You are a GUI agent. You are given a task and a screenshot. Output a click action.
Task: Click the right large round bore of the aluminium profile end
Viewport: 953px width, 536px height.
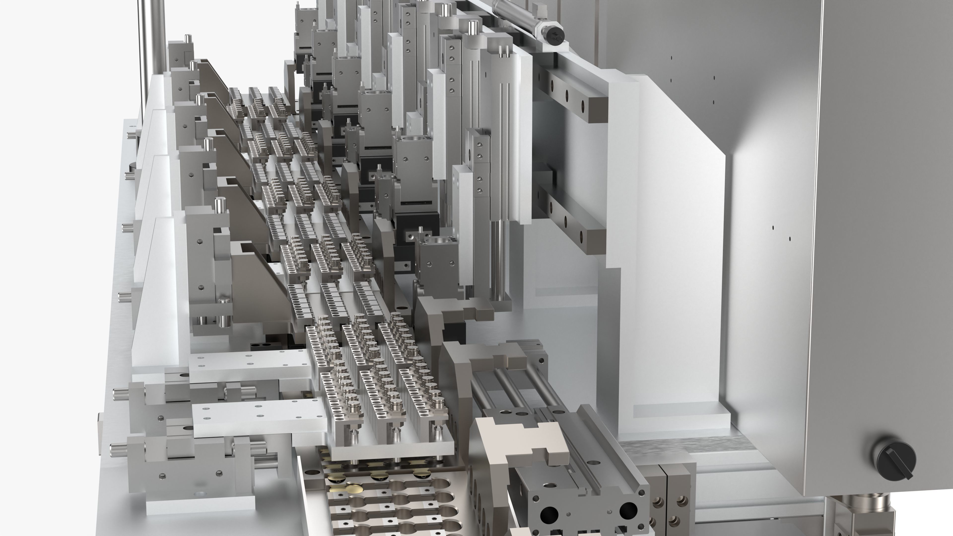pyautogui.click(x=628, y=510)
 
